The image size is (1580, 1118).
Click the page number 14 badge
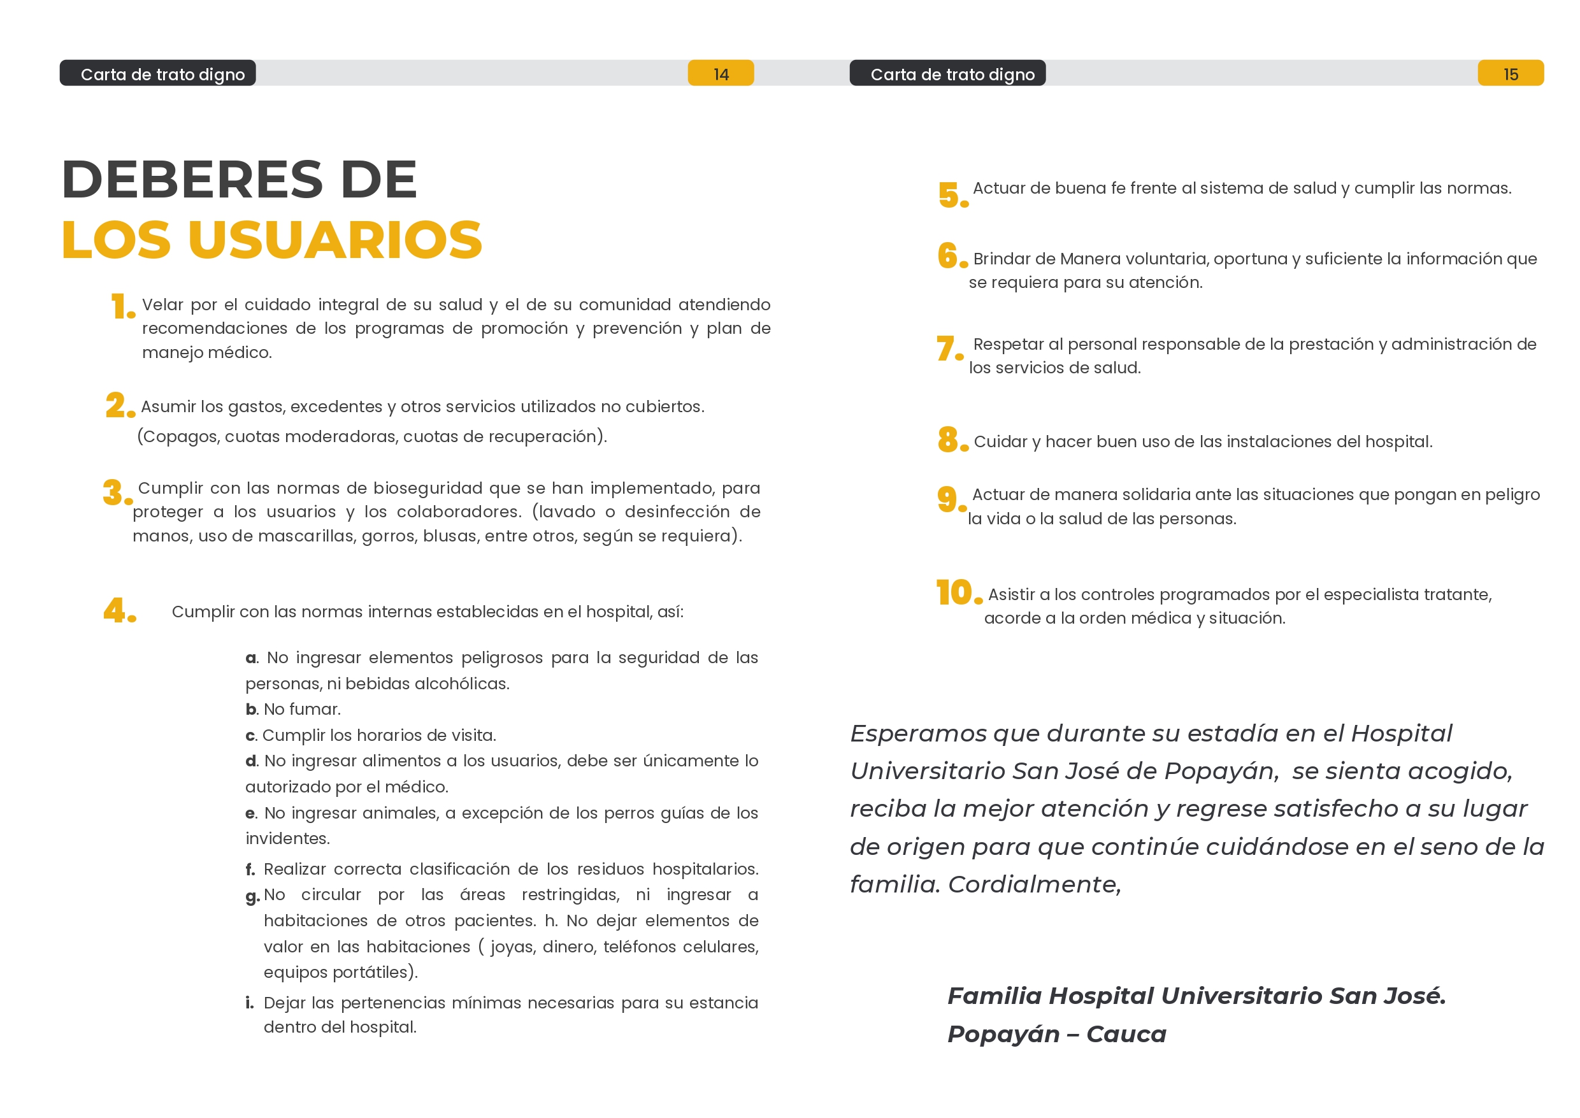[x=720, y=74]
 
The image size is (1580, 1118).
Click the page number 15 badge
[x=1510, y=74]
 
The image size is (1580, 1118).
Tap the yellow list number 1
[x=121, y=306]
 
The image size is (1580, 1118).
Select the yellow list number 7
[x=947, y=348]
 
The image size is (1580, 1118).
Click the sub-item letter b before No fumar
[x=251, y=710]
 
